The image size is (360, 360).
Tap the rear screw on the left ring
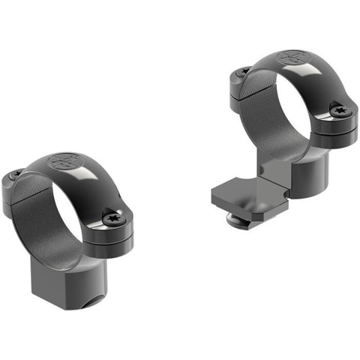tap(15, 175)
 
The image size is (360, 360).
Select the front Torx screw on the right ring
tap(341, 111)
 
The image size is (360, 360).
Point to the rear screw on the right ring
tap(243, 72)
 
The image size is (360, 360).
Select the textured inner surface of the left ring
tap(37, 210)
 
